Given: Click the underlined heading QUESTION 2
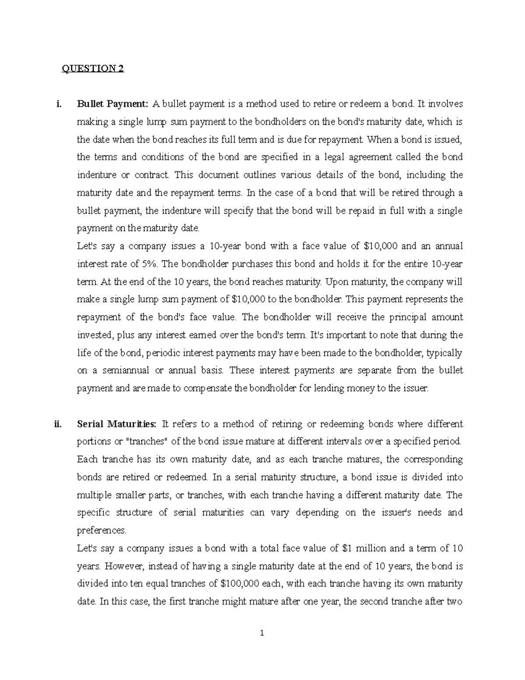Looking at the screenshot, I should pyautogui.click(x=92, y=69).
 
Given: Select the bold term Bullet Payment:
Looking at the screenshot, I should pyautogui.click(x=113, y=104).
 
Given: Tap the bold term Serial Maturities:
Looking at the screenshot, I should pyautogui.click(x=116, y=424).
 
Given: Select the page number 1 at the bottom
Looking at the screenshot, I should pyautogui.click(x=262, y=632).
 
